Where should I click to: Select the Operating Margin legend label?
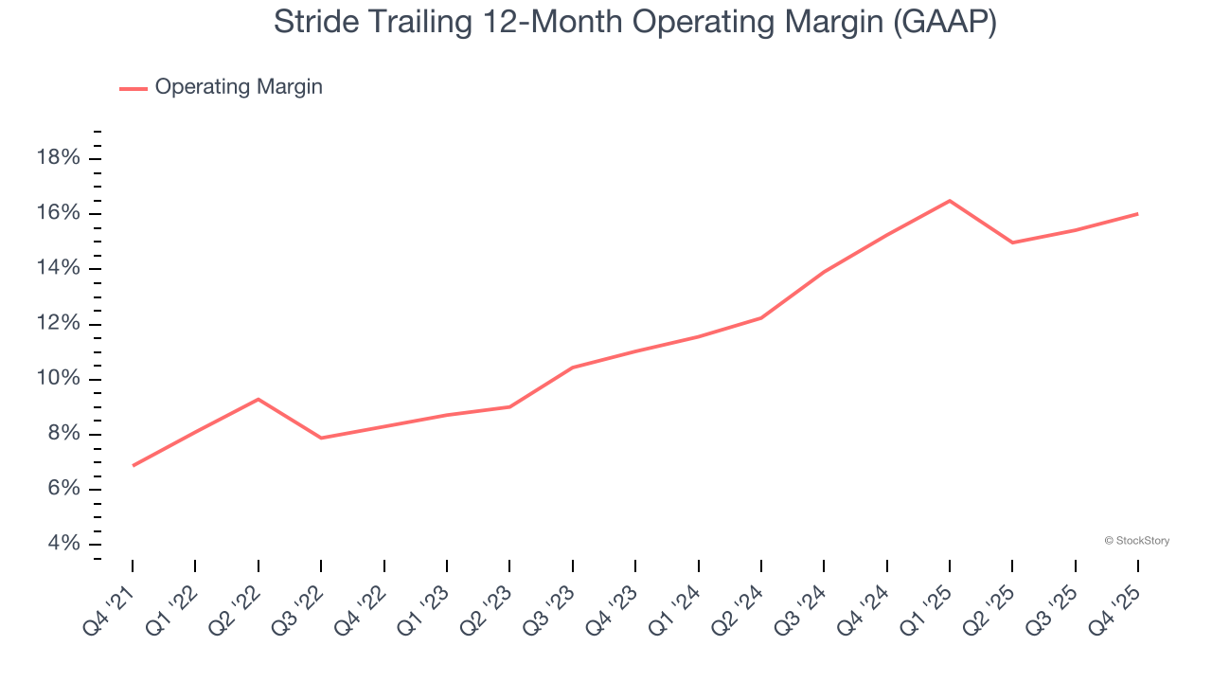pyautogui.click(x=239, y=87)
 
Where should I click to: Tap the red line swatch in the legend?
pyautogui.click(x=133, y=88)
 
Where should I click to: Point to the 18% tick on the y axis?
pyautogui.click(x=58, y=158)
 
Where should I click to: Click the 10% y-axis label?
pyautogui.click(x=58, y=379)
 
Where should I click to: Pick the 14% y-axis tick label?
pyautogui.click(x=58, y=268)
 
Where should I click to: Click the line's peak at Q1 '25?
pyautogui.click(x=950, y=201)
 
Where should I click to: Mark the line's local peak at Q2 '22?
pyautogui.click(x=258, y=399)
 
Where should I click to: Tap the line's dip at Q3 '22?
pyautogui.click(x=321, y=438)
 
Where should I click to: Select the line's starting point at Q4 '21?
pyautogui.click(x=133, y=465)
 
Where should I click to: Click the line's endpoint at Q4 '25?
pyautogui.click(x=1137, y=214)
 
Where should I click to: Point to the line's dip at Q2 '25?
pyautogui.click(x=1012, y=242)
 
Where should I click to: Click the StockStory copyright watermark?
pyautogui.click(x=1137, y=541)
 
